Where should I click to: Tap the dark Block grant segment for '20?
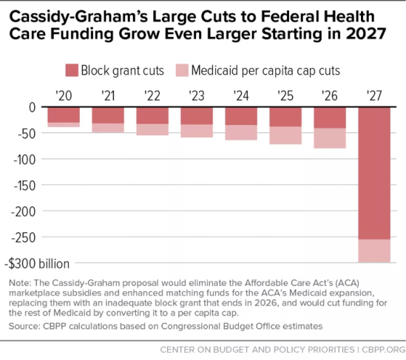pos(64,115)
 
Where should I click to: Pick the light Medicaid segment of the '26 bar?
pos(329,138)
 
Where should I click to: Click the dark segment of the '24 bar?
pos(240,116)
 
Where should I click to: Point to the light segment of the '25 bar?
pos(285,135)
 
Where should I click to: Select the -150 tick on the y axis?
pos(27,186)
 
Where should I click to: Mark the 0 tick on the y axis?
pos(33,107)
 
